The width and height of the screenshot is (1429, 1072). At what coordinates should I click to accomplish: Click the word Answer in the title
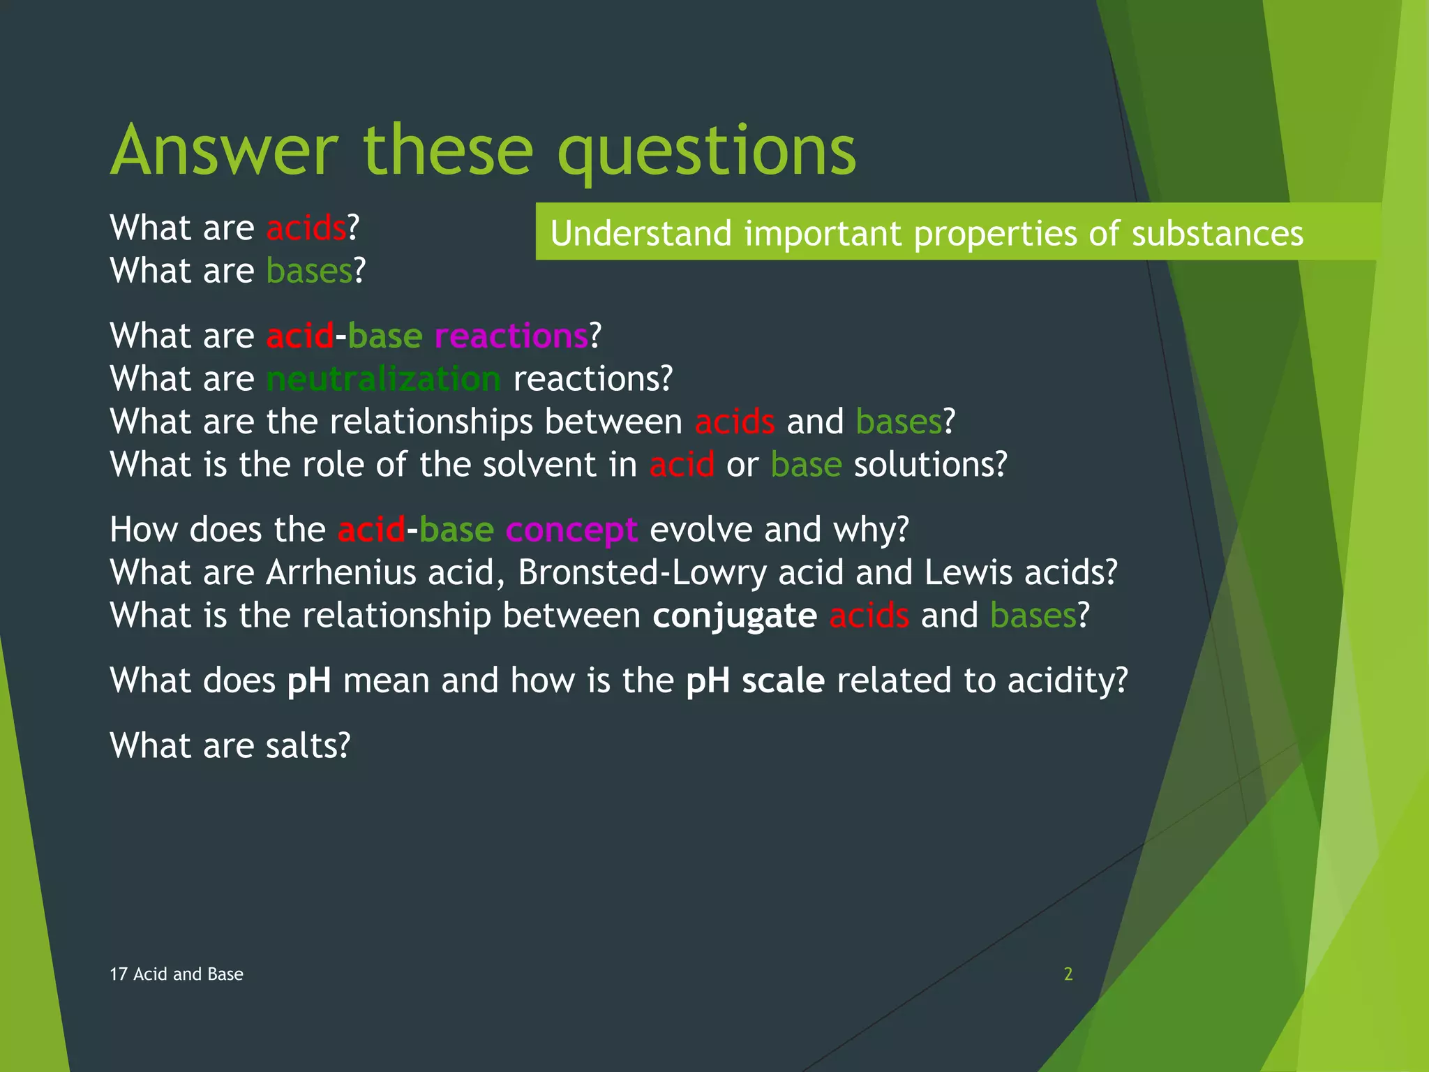tap(224, 150)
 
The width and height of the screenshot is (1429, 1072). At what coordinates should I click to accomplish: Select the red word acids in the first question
tap(306, 228)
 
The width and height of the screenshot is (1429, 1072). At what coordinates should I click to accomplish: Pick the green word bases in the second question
tap(309, 271)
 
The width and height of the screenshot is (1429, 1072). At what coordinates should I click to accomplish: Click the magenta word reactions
tap(511, 336)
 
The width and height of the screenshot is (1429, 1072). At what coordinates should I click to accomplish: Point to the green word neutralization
tap(383, 379)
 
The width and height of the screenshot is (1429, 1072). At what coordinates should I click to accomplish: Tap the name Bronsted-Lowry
tap(642, 572)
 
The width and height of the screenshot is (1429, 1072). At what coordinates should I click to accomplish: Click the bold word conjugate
tap(735, 616)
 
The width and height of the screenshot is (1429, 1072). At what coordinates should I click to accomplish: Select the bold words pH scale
tap(755, 680)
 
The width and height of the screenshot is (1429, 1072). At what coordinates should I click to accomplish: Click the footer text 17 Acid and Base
tap(177, 974)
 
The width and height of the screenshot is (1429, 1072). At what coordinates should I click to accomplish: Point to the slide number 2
tap(1068, 974)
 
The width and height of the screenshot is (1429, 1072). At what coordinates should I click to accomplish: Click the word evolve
tap(701, 530)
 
